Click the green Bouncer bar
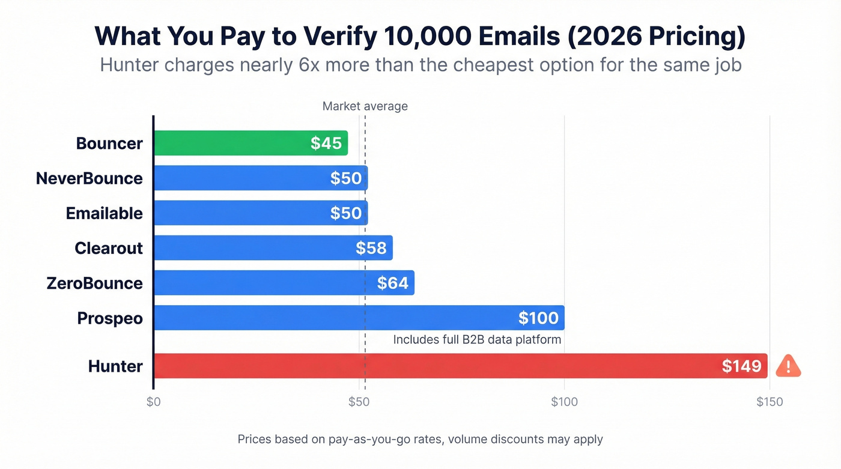[x=240, y=143]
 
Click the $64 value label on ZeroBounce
[x=393, y=283]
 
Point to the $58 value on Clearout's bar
[x=371, y=248]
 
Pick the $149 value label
[x=742, y=366]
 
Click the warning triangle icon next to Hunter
[x=788, y=366]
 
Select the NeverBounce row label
[x=89, y=178]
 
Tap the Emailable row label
[x=104, y=213]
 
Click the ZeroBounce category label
[x=94, y=283]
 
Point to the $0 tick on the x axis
[x=153, y=402]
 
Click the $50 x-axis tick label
[x=359, y=402]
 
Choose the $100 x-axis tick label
[x=564, y=402]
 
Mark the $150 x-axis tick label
[x=769, y=402]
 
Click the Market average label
[x=365, y=106]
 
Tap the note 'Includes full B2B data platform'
[x=477, y=339]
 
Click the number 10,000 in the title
[x=416, y=37]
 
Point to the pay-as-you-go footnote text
[x=420, y=439]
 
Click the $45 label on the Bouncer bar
[x=326, y=143]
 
